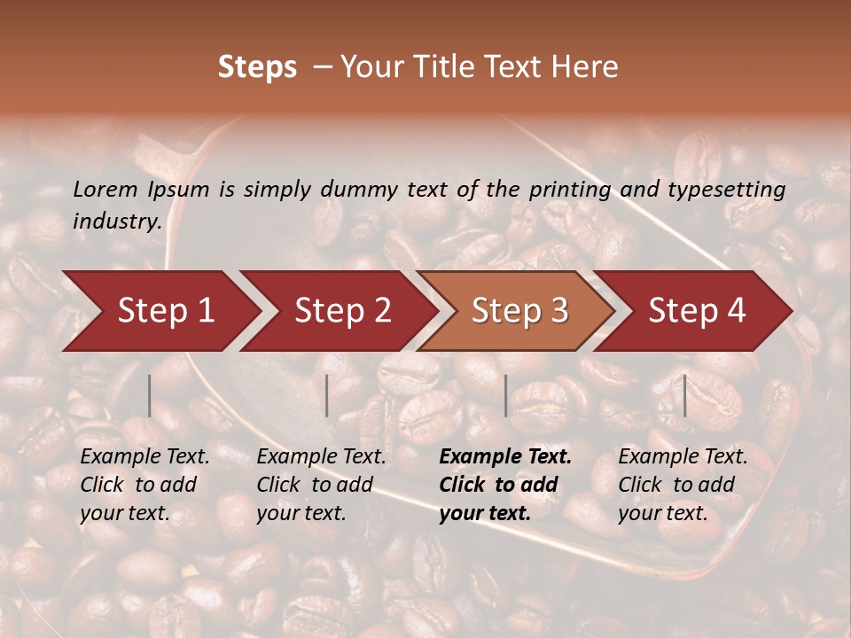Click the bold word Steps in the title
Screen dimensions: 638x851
point(257,67)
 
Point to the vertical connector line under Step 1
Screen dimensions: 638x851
point(150,395)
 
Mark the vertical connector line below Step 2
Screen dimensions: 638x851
point(327,395)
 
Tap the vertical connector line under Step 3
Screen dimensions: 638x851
point(506,395)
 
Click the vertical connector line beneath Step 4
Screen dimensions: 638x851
point(685,395)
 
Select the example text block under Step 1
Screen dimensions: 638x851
point(144,485)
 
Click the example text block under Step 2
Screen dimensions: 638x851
point(321,485)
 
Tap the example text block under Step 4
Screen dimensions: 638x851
point(683,485)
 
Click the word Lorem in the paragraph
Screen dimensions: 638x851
point(105,190)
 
